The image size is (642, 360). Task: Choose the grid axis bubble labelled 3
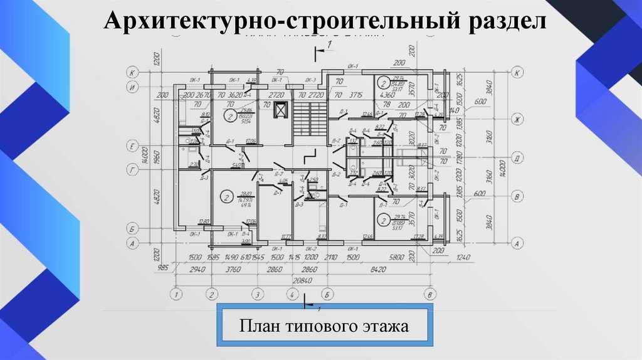(256, 294)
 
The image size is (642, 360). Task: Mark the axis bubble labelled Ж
(517, 119)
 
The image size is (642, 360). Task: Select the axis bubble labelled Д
(517, 157)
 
